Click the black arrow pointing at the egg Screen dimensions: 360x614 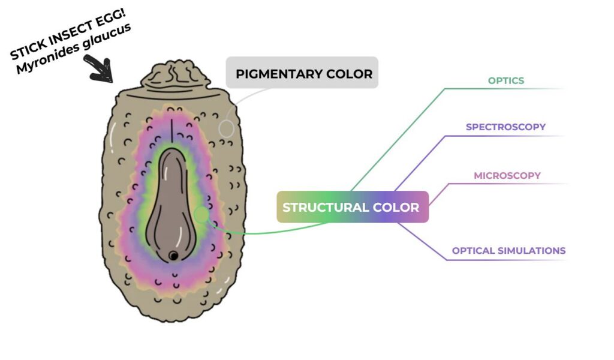click(100, 68)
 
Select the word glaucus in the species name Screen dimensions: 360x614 click(109, 35)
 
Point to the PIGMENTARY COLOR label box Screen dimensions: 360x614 click(303, 74)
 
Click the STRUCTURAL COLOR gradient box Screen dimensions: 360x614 click(351, 207)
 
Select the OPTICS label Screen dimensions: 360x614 click(506, 80)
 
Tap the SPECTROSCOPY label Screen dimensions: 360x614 click(505, 127)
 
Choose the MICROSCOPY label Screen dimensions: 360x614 click(507, 176)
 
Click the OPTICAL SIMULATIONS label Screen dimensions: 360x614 click(508, 251)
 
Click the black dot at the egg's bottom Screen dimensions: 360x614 click(173, 256)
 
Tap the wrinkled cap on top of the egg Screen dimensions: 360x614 click(174, 77)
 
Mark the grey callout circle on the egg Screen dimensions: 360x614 click(226, 128)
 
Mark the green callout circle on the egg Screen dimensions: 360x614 click(201, 214)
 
